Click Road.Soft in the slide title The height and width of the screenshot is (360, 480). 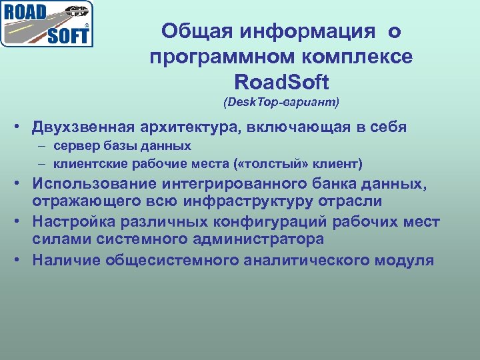[x=281, y=83]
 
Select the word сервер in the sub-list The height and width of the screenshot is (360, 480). [x=75, y=145]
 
